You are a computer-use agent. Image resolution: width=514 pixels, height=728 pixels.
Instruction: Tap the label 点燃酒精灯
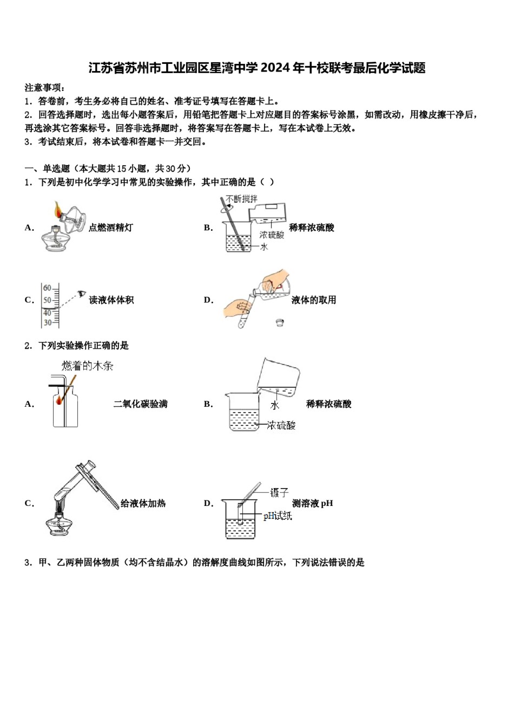(111, 228)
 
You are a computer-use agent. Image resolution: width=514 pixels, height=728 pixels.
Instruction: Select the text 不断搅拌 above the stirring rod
(242, 199)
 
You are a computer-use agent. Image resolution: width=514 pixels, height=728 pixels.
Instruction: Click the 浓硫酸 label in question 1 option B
(272, 235)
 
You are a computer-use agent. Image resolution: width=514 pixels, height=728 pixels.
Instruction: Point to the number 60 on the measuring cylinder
(48, 288)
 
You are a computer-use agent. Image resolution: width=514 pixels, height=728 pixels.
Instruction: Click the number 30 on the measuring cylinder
(48, 323)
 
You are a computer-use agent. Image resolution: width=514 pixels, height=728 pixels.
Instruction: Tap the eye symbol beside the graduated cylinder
(81, 294)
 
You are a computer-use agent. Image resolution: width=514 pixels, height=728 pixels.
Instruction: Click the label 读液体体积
(111, 300)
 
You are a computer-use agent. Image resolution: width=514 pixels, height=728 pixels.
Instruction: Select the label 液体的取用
(314, 300)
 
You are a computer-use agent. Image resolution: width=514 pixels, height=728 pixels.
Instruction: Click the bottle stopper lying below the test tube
(280, 323)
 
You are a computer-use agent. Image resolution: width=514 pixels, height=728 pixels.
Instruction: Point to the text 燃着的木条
(88, 366)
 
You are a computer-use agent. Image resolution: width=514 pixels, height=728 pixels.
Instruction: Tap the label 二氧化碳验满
(141, 404)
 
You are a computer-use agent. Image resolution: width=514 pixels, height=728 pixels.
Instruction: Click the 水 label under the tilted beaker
(275, 405)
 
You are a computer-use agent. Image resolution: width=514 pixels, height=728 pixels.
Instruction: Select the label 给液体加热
(143, 504)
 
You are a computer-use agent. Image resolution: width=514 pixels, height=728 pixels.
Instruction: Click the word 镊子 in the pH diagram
(279, 492)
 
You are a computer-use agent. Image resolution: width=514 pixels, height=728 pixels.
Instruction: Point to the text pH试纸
(278, 516)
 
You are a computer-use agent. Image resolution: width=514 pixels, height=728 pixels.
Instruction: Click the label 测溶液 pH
(313, 504)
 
